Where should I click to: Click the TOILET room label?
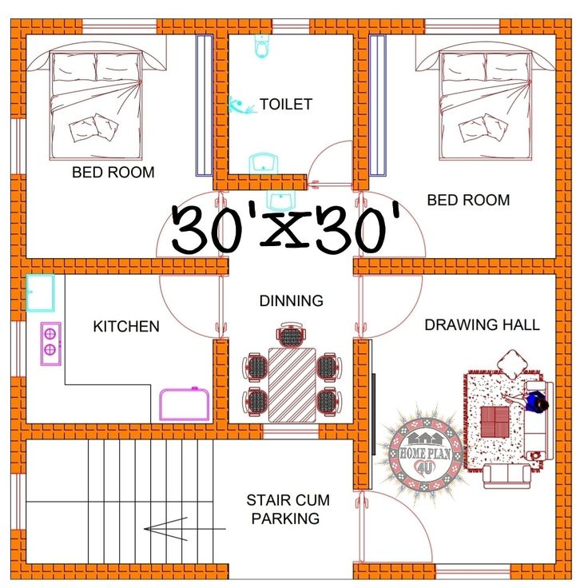(x=286, y=104)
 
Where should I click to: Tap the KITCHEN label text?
(x=126, y=326)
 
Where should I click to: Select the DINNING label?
(x=292, y=300)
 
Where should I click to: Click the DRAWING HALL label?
(x=483, y=324)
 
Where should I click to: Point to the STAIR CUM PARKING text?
(x=288, y=509)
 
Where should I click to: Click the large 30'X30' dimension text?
(x=287, y=228)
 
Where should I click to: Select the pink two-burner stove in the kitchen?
(x=50, y=344)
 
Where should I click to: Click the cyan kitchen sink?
(x=40, y=293)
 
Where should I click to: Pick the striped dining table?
(x=292, y=385)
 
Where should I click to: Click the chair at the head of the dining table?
(x=292, y=335)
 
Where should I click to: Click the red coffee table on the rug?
(x=495, y=423)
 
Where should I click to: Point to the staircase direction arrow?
(x=185, y=529)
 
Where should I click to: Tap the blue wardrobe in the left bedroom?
(x=205, y=105)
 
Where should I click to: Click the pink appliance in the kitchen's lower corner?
(x=185, y=404)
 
